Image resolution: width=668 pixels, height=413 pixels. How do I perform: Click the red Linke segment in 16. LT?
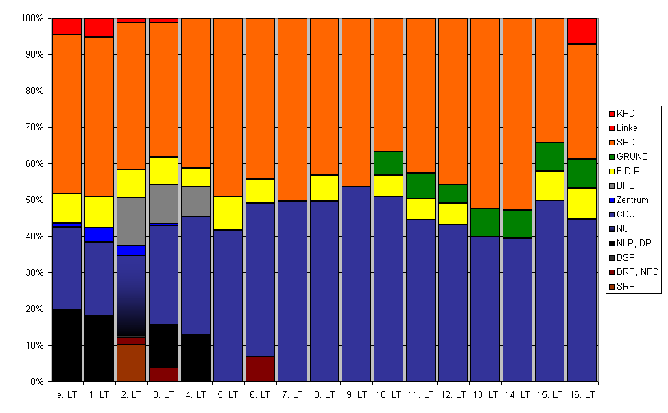[582, 31]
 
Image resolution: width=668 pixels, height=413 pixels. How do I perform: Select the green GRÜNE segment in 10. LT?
[389, 163]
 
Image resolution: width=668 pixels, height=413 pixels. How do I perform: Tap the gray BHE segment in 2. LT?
[131, 222]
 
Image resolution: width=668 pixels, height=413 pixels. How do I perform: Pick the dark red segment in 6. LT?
[260, 369]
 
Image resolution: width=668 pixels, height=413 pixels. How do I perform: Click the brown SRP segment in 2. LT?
[131, 363]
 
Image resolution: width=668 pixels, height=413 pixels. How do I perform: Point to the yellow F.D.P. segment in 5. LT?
[228, 213]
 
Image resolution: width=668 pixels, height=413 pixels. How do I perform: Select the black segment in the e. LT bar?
[67, 346]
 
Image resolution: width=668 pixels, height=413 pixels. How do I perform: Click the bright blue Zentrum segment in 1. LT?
[99, 235]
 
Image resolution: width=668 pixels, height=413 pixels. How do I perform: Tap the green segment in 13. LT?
[486, 222]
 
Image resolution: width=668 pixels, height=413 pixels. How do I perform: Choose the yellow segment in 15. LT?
[549, 185]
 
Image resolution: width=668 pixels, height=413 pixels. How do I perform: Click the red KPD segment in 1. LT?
[99, 27]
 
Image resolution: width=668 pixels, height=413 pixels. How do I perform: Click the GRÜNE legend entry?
[629, 156]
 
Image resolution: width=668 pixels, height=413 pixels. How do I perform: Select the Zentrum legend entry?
[629, 200]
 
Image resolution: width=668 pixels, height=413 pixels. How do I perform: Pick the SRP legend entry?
[622, 286]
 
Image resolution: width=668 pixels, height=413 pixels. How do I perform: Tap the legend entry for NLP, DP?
[630, 243]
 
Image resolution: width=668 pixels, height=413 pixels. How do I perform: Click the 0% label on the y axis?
[37, 382]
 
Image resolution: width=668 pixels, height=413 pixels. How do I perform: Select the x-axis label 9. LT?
[357, 395]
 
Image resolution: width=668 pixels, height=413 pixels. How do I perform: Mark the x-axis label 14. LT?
[518, 395]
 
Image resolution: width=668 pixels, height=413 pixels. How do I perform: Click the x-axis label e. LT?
[67, 395]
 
